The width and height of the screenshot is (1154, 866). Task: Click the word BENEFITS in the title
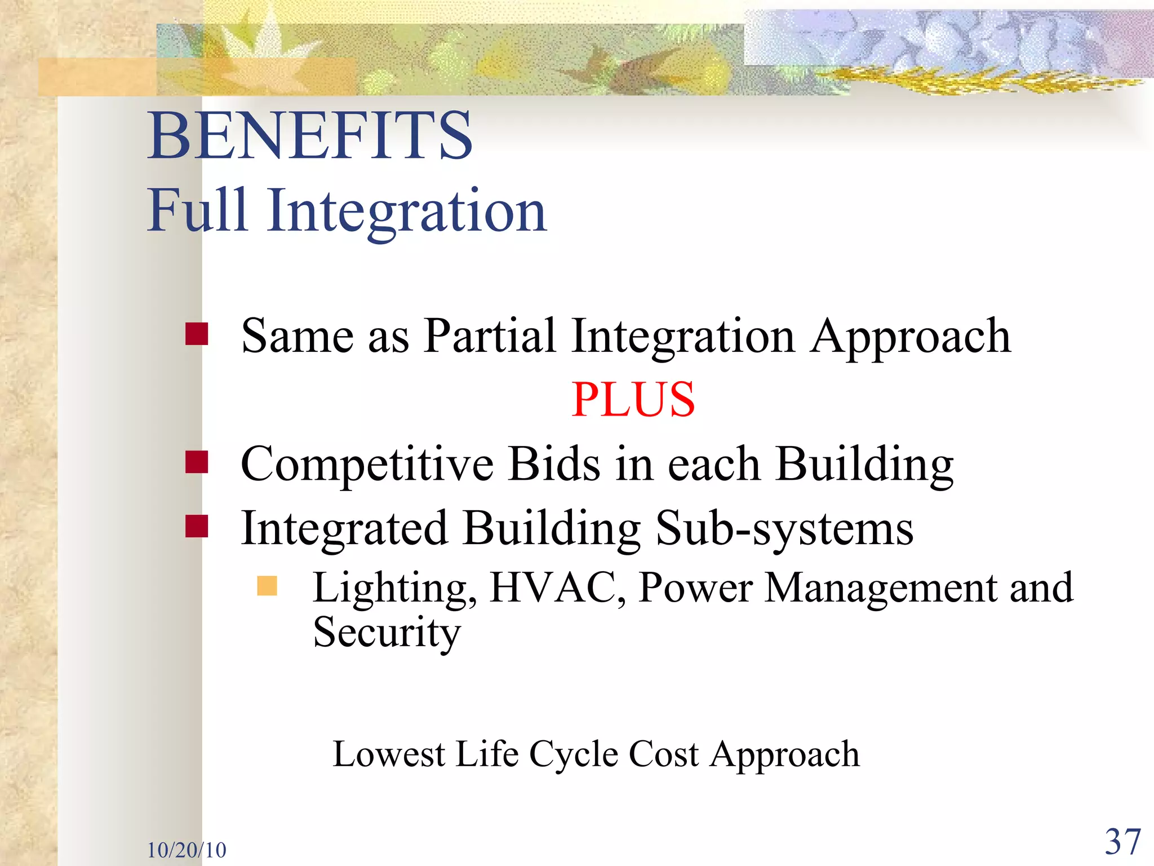pyautogui.click(x=310, y=135)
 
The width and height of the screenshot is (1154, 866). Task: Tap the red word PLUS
pyautogui.click(x=633, y=399)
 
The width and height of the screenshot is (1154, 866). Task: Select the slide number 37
pyautogui.click(x=1122, y=842)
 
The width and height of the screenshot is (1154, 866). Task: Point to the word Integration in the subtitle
pyautogui.click(x=406, y=211)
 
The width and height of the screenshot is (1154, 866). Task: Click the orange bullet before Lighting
pyautogui.click(x=267, y=586)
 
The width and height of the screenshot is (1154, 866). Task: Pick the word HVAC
pyautogui.click(x=557, y=587)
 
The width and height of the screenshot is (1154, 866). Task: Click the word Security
pyautogui.click(x=387, y=633)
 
